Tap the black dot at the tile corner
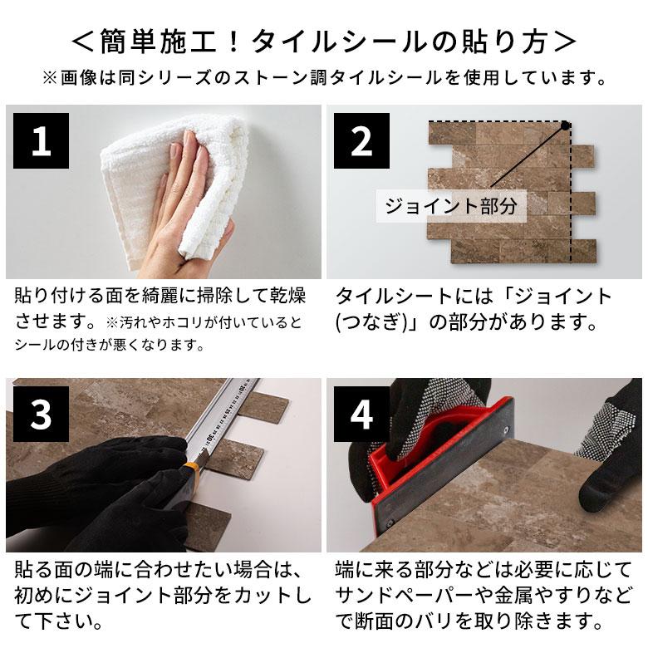click(566, 126)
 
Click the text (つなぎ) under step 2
click(375, 322)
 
